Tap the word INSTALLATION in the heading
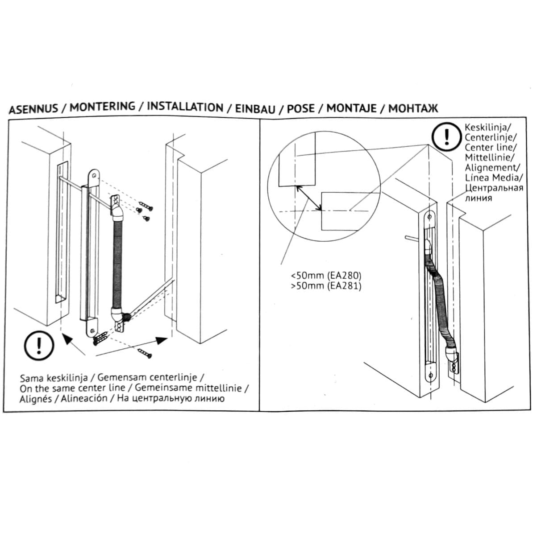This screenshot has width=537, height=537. point(185,107)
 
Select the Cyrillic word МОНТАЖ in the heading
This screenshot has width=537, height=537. point(413,108)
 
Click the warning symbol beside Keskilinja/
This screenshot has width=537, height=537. point(446,136)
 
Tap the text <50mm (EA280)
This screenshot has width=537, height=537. point(325,276)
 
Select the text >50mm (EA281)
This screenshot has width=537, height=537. point(325,286)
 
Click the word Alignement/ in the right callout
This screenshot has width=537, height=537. point(491,168)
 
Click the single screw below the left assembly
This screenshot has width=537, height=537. point(145,354)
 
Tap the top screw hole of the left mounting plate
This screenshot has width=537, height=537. point(95,176)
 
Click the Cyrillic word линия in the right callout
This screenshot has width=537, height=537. point(479,198)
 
